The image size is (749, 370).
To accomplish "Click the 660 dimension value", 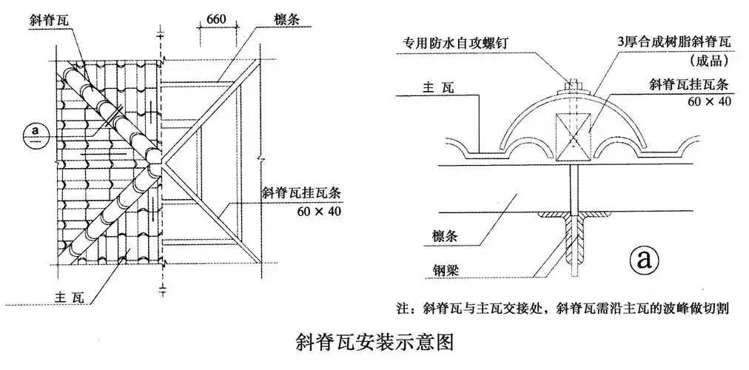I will (x=215, y=20).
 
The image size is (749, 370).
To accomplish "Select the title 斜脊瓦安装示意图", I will (x=373, y=342).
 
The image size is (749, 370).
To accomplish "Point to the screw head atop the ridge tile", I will (x=574, y=84).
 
